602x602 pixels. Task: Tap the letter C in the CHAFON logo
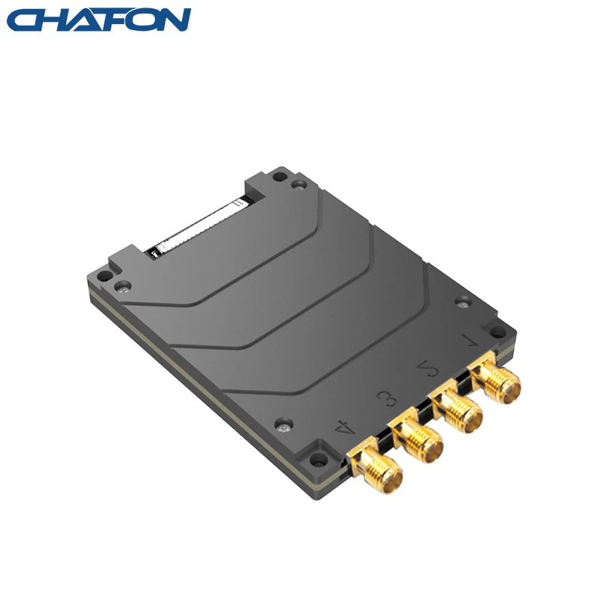(24, 20)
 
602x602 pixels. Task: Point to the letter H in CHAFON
(54, 20)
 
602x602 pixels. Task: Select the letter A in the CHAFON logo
(83, 20)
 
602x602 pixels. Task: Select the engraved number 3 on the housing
(386, 397)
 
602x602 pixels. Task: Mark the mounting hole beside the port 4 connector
(319, 458)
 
